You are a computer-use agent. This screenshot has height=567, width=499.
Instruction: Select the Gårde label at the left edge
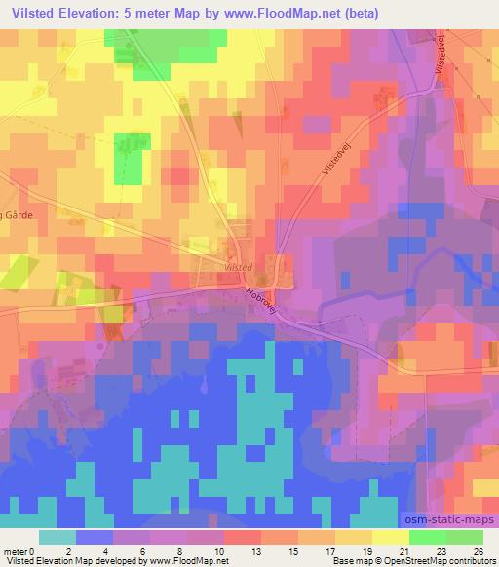pos(17,216)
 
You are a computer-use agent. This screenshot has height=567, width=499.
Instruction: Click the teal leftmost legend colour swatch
pos(58,537)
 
